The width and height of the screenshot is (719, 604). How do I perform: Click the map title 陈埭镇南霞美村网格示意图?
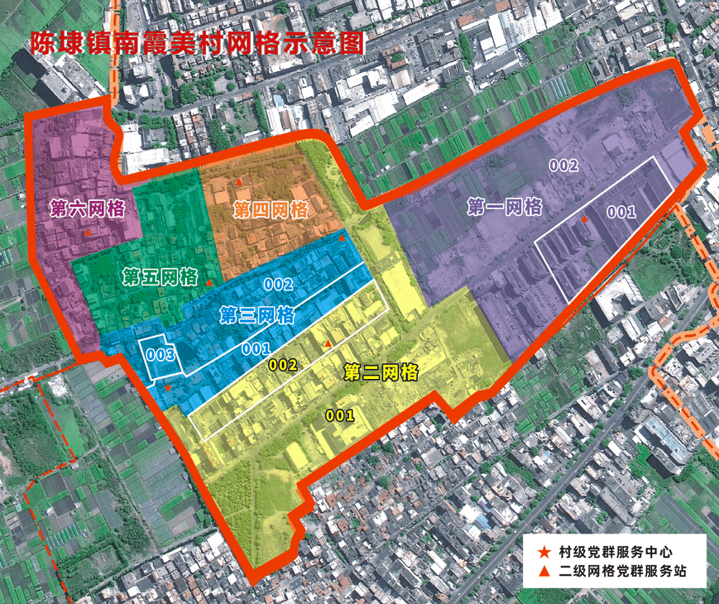pyautogui.click(x=197, y=42)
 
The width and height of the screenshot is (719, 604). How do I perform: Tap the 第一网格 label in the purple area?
pyautogui.click(x=505, y=207)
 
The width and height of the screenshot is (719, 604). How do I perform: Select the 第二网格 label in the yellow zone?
pyautogui.click(x=380, y=372)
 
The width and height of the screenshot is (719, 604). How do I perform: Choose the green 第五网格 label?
pyautogui.click(x=160, y=276)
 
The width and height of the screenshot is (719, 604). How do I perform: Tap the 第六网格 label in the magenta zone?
pyautogui.click(x=87, y=208)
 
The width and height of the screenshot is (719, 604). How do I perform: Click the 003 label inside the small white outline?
pyautogui.click(x=158, y=356)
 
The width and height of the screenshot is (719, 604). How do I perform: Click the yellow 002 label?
pyautogui.click(x=283, y=364)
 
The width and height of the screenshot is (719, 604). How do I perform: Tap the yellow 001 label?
pyautogui.click(x=339, y=415)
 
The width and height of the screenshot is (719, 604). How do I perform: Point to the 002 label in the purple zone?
pyautogui.click(x=563, y=165)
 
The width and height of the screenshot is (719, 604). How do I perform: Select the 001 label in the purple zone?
pyautogui.click(x=621, y=212)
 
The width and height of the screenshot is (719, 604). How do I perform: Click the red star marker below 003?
pyautogui.click(x=167, y=386)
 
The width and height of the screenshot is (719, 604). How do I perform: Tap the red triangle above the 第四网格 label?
pyautogui.click(x=239, y=181)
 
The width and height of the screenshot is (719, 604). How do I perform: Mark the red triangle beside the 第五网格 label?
pyautogui.click(x=210, y=282)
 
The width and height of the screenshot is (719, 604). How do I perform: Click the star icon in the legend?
pyautogui.click(x=544, y=552)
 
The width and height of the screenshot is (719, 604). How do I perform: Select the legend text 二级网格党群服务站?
pyautogui.click(x=622, y=571)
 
